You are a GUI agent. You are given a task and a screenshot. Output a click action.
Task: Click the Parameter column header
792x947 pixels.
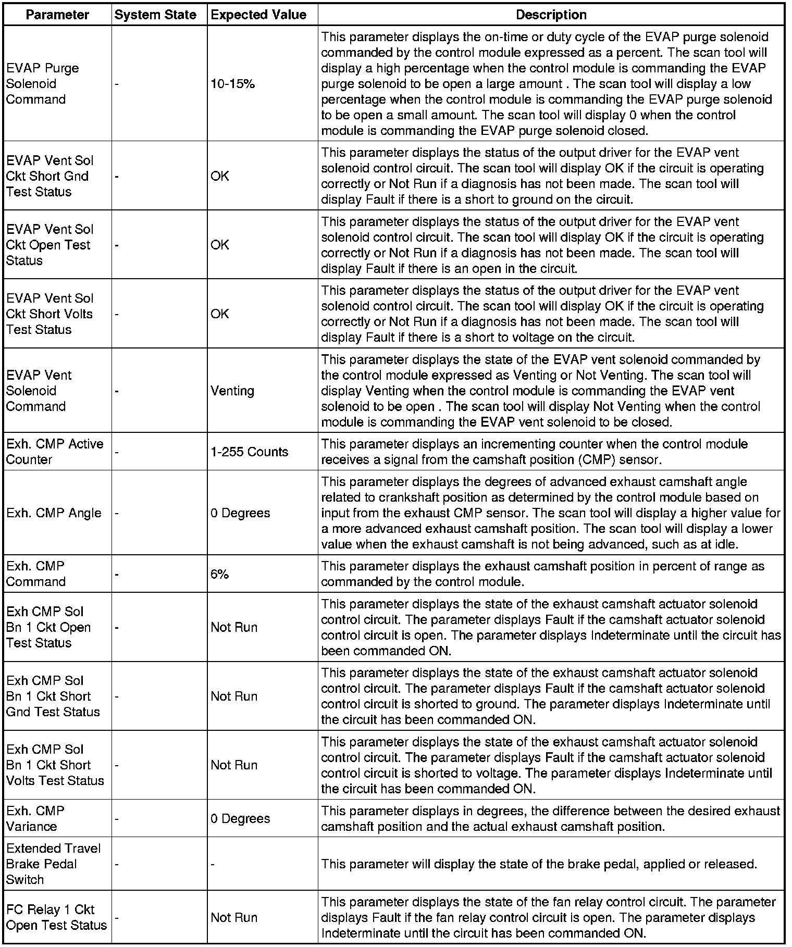pyautogui.click(x=57, y=15)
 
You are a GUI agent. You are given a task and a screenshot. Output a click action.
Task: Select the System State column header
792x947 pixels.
pyautogui.click(x=155, y=15)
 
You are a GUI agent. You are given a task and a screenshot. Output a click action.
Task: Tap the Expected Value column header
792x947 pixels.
pyautogui.click(x=258, y=15)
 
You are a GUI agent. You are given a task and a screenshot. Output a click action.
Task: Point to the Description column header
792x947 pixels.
pyautogui.click(x=551, y=15)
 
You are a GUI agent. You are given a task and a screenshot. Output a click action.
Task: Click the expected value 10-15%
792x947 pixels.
pyautogui.click(x=232, y=84)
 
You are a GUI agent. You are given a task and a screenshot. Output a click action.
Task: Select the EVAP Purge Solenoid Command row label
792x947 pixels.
pyautogui.click(x=43, y=84)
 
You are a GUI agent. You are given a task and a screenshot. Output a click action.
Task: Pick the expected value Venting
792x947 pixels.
pyautogui.click(x=232, y=391)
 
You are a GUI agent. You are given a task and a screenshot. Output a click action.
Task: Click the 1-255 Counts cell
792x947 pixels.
pyautogui.click(x=249, y=452)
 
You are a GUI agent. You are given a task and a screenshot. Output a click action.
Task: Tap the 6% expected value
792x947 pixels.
pyautogui.click(x=219, y=574)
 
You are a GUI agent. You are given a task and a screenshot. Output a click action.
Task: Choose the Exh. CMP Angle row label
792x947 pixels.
pyautogui.click(x=54, y=513)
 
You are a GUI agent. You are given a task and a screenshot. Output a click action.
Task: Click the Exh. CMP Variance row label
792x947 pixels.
pyautogui.click(x=35, y=818)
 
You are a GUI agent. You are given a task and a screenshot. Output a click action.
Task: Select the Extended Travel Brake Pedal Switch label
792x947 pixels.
pyautogui.click(x=53, y=864)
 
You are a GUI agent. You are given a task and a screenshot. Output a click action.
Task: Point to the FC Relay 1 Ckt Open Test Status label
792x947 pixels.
pyautogui.click(x=56, y=917)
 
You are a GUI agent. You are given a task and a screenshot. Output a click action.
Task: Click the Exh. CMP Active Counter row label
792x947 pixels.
pyautogui.click(x=55, y=452)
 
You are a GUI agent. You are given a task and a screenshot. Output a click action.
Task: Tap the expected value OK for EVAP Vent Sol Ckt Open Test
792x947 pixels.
pyautogui.click(x=219, y=245)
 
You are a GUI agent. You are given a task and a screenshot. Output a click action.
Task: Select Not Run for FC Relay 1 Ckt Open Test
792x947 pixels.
pyautogui.click(x=234, y=917)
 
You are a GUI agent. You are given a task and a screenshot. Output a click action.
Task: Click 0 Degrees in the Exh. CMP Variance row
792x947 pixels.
pyautogui.click(x=240, y=818)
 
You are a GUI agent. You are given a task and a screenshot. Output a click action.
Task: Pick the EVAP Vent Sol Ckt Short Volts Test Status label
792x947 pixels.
pyautogui.click(x=49, y=314)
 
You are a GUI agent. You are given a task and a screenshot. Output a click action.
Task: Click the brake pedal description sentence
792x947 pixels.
pyautogui.click(x=539, y=864)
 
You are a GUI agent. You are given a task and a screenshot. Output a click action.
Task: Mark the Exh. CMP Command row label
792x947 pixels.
pyautogui.click(x=35, y=574)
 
